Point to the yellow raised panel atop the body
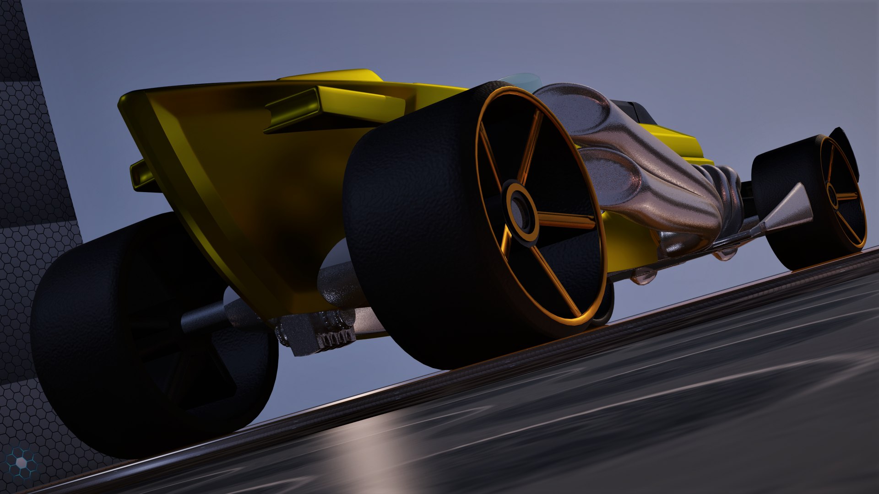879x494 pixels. (x=330, y=75)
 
